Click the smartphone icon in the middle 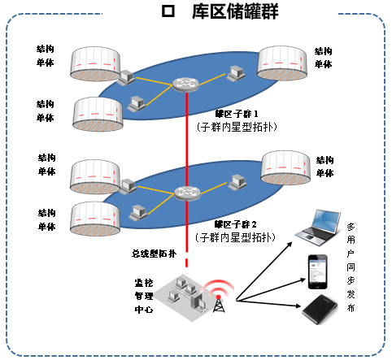pos(317,269)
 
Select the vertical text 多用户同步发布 pos(351,268)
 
